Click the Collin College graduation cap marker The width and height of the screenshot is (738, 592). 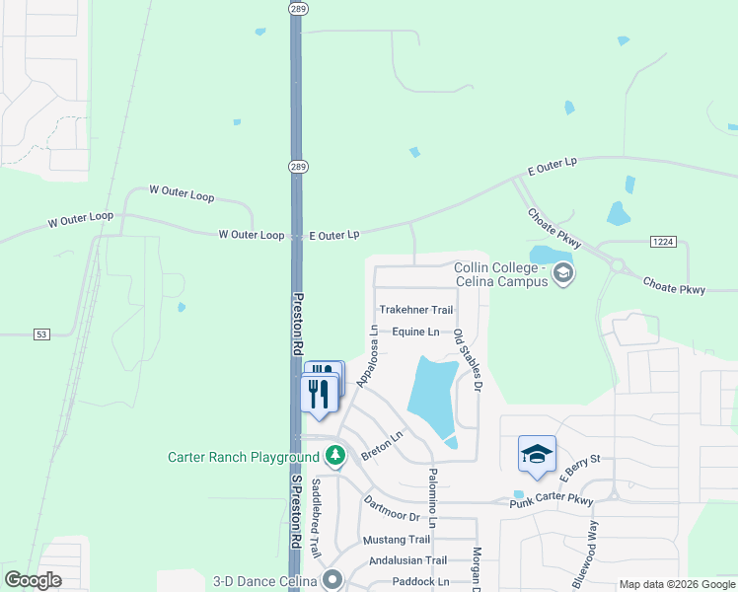tap(563, 274)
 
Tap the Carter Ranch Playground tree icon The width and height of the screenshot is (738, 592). tap(336, 457)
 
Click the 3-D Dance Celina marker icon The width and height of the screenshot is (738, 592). tap(332, 579)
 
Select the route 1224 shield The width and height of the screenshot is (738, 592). tap(665, 242)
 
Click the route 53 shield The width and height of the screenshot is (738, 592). tap(40, 335)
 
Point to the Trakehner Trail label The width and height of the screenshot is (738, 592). tap(415, 310)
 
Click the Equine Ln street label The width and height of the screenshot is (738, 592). tap(415, 332)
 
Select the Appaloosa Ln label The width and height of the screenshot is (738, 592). tap(367, 356)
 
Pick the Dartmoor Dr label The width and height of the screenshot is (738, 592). tap(392, 510)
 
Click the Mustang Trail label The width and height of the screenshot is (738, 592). tap(397, 540)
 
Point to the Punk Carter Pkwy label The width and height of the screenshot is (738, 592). tap(552, 503)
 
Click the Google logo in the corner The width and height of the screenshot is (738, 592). tap(33, 580)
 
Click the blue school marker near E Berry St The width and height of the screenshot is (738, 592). tap(537, 454)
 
